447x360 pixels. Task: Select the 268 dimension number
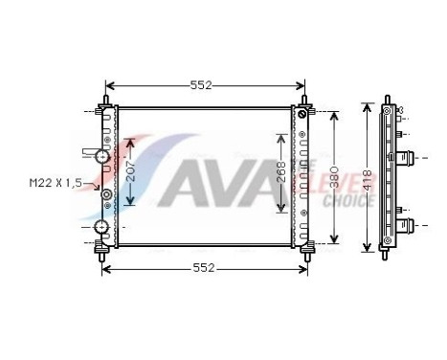point(279,170)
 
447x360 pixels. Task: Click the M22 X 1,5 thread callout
point(53,181)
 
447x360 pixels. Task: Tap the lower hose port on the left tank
point(101,227)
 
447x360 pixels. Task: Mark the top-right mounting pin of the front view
point(304,101)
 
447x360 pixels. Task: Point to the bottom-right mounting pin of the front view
point(305,252)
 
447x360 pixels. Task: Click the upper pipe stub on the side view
point(406,158)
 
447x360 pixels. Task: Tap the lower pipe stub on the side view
point(406,227)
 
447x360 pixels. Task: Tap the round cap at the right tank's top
point(304,116)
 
